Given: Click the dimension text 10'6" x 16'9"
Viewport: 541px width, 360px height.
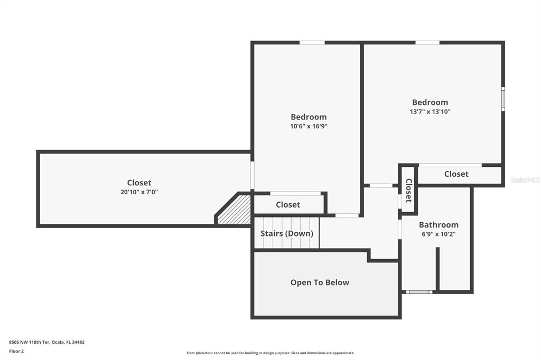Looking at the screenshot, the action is tap(309, 126).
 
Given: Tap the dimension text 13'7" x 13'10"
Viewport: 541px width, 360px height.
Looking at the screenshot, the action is tap(430, 111).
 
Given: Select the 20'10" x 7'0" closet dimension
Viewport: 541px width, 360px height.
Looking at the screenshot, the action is tap(139, 192).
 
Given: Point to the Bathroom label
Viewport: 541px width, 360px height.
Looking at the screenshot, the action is tap(439, 225).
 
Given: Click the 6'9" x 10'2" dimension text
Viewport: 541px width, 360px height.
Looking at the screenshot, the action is tap(439, 234).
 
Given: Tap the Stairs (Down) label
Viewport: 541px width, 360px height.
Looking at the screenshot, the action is tap(287, 233).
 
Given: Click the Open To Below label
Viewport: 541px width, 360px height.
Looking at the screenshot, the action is tap(320, 282).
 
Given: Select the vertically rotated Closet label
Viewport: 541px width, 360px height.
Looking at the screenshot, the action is tap(408, 191).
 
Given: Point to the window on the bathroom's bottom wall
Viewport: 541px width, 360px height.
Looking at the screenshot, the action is tap(419, 292).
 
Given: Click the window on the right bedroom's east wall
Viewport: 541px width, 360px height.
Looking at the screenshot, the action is tap(503, 99).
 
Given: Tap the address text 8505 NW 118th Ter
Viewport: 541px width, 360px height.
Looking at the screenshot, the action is tap(30, 342).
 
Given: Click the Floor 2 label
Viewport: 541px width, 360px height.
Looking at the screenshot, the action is tap(16, 351).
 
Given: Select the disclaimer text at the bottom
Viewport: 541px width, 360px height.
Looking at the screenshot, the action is tap(270, 353).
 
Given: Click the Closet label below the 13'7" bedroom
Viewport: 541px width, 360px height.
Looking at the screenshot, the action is tap(456, 174).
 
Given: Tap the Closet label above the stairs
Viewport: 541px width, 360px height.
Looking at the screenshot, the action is tap(288, 205).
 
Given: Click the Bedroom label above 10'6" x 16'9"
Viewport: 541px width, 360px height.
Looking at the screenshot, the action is tap(309, 117).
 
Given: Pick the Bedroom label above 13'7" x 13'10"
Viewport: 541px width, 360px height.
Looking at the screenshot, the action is tap(430, 102).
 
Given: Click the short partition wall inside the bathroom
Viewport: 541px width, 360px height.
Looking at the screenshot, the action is tap(437, 269).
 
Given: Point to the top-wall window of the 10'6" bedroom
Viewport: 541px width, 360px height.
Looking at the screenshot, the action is tap(312, 42).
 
